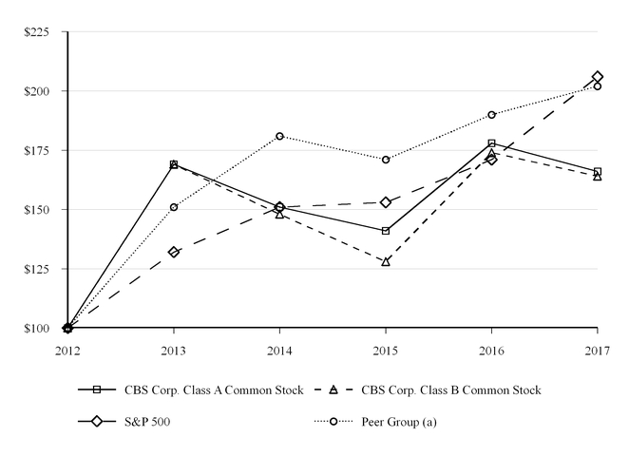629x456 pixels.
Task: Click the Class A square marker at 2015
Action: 386,231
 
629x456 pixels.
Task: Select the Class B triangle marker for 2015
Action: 386,261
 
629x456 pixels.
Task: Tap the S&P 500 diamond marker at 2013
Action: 174,252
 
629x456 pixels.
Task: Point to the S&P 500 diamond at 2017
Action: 597,77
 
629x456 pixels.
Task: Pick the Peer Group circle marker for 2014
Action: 279,136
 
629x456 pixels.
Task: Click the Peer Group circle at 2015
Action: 386,160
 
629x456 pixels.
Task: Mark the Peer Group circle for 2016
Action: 491,115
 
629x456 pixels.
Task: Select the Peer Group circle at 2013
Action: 174,207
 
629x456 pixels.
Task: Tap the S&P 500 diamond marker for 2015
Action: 386,202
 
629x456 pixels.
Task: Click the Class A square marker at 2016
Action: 491,143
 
